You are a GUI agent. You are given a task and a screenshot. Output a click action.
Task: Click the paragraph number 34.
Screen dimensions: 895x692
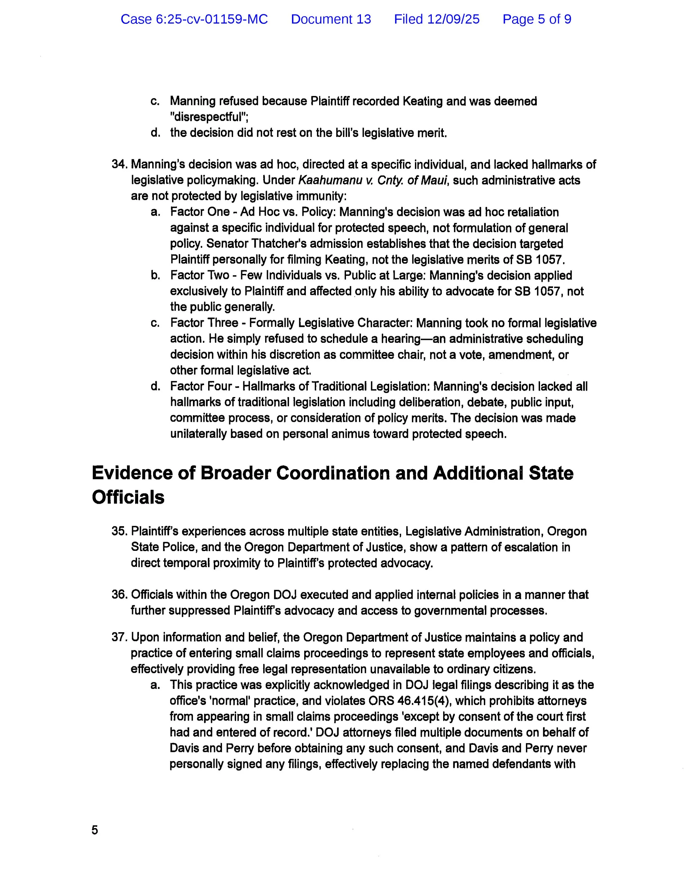click(x=119, y=164)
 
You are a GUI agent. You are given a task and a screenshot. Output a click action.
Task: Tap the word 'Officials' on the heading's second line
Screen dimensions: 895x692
click(x=128, y=497)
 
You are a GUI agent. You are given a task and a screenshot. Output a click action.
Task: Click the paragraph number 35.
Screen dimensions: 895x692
click(x=119, y=531)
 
